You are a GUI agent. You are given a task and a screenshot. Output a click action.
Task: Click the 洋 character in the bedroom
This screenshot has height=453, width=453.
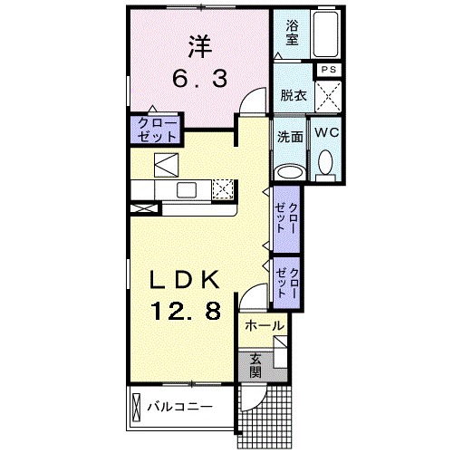(198, 44)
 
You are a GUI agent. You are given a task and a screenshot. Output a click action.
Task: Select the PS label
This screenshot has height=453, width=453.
(326, 69)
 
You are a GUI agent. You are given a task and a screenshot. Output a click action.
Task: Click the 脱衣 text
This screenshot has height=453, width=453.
(292, 93)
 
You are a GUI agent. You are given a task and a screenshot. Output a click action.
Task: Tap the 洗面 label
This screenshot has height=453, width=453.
(290, 139)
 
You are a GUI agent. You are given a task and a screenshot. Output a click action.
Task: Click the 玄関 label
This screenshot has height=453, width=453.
(255, 363)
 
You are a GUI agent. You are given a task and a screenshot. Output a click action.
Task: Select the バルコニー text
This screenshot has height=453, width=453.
(181, 406)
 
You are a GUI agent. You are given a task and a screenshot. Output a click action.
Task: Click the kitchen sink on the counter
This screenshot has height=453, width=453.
(188, 189)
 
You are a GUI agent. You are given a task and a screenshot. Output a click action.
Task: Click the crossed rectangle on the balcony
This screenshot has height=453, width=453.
(137, 404)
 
